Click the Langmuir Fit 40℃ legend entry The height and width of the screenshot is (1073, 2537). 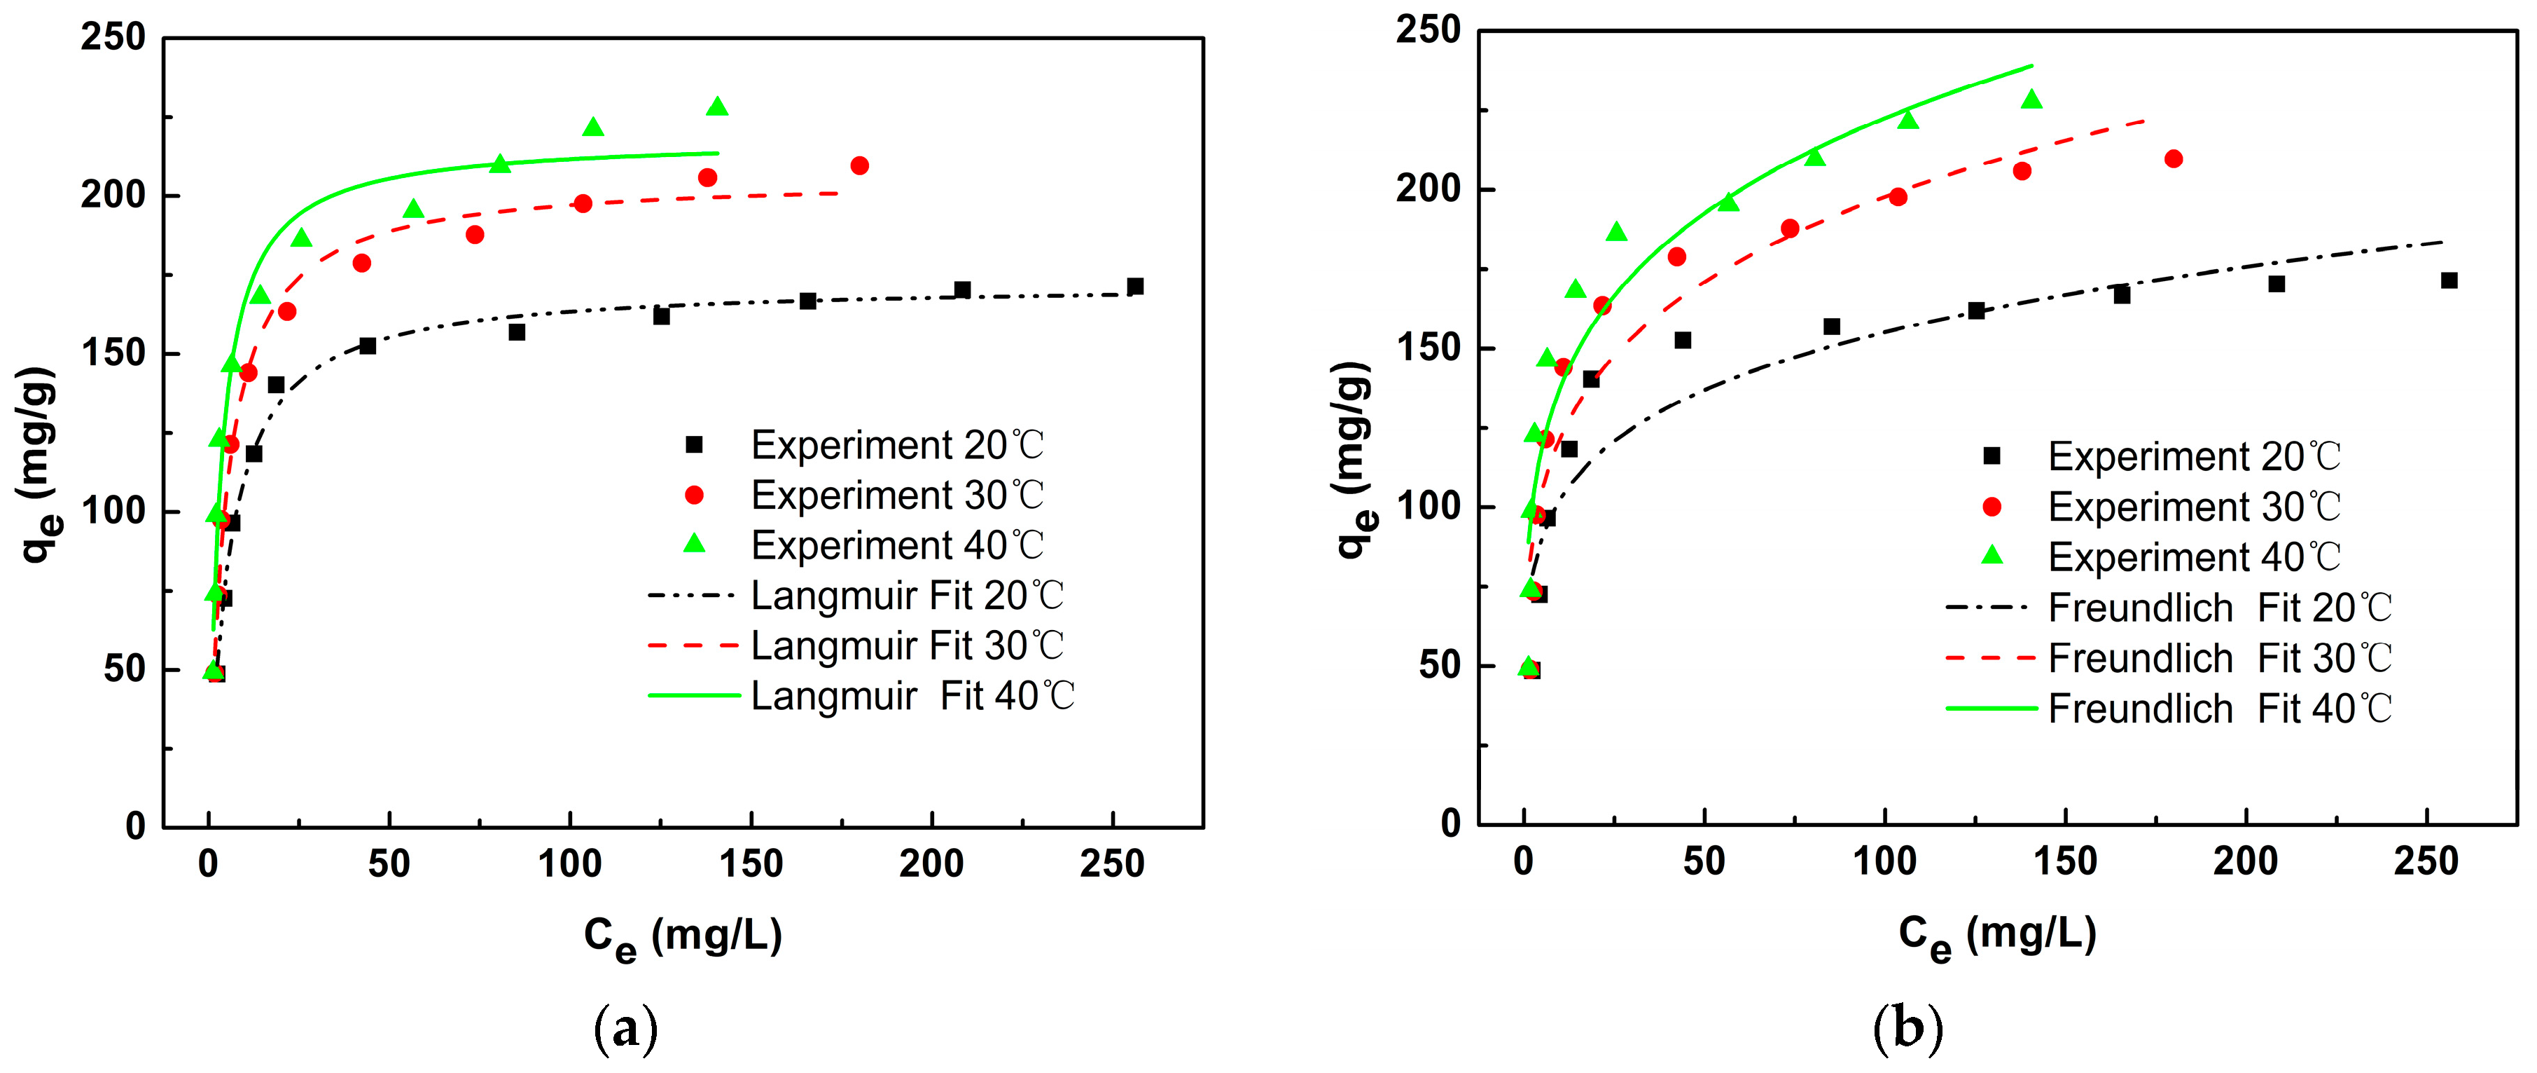point(911,696)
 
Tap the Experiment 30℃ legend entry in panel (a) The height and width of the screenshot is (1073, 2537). point(896,495)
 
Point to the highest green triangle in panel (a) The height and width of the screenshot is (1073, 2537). point(717,107)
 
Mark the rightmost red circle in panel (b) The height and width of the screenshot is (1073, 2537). point(2174,158)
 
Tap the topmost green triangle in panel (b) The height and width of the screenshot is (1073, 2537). point(2031,100)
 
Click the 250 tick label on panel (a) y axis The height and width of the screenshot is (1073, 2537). point(113,37)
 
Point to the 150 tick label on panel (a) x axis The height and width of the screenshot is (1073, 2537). point(751,864)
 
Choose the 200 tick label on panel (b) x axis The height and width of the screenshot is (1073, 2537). point(2244,861)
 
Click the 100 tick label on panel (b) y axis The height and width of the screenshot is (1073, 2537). point(1428,507)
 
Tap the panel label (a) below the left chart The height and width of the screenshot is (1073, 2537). point(626,1030)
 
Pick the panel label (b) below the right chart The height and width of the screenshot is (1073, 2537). point(1907,1030)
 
